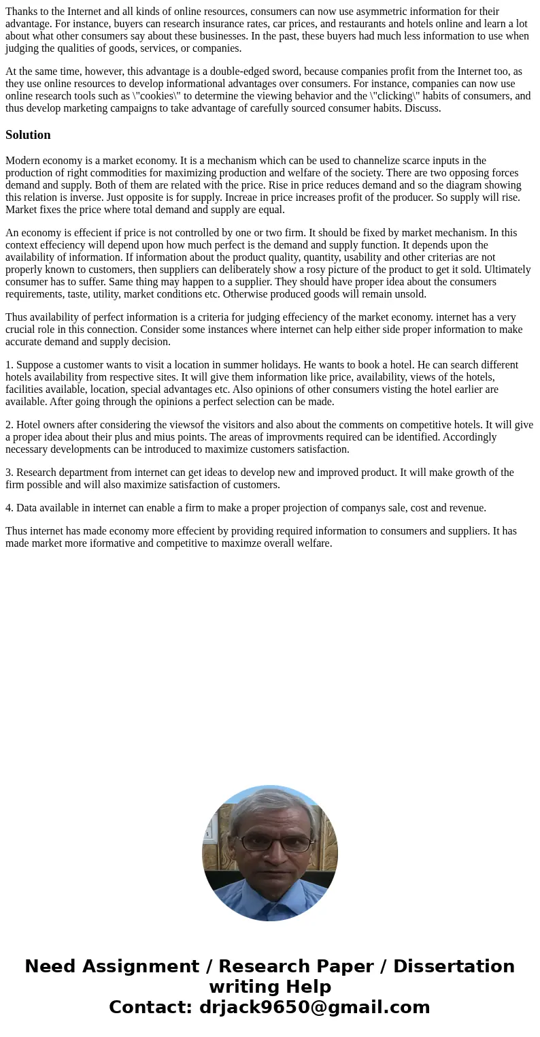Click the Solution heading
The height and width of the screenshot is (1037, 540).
tap(28, 135)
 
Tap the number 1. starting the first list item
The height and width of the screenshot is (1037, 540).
tap(10, 365)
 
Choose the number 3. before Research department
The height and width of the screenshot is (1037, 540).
tap(10, 473)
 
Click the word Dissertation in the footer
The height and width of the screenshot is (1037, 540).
tap(454, 967)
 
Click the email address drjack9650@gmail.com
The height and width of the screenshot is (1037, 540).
tap(314, 1008)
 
